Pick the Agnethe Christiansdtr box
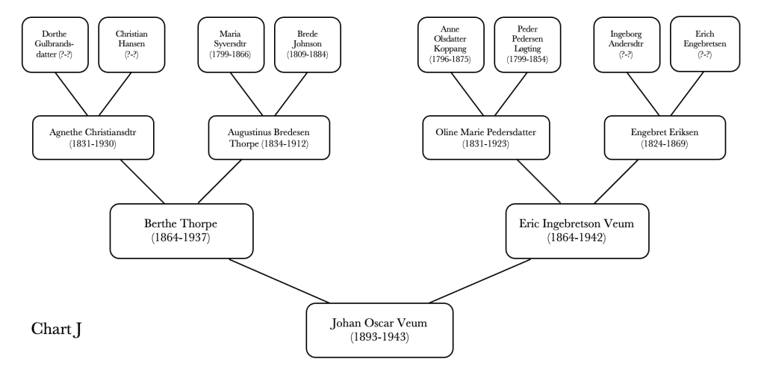(93, 137)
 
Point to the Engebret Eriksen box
(664, 137)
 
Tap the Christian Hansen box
(131, 45)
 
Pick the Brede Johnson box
(307, 45)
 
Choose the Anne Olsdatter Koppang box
(450, 45)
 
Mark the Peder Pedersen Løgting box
(527, 45)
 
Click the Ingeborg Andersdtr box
(627, 45)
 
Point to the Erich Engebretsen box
(704, 45)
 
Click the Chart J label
(56, 329)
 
